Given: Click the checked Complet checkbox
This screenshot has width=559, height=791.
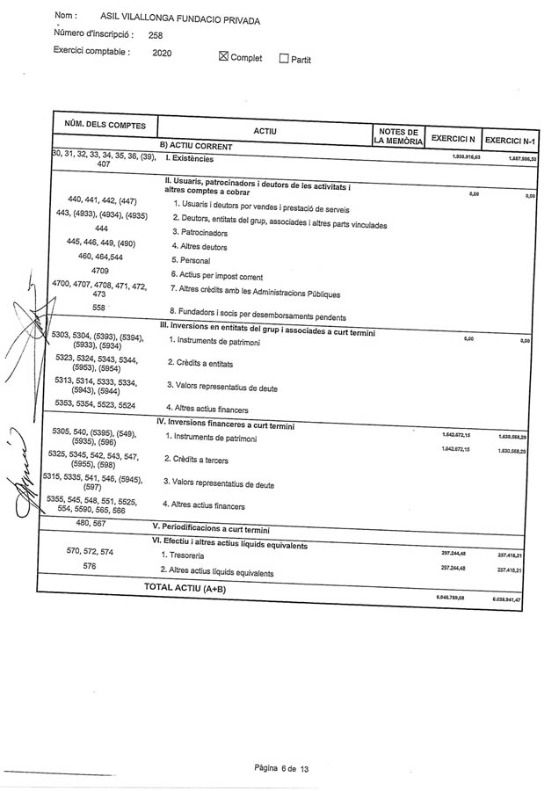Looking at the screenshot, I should (x=223, y=58).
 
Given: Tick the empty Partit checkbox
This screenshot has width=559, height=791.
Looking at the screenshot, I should (x=284, y=59).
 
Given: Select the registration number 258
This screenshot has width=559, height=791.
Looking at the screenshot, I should (x=156, y=35).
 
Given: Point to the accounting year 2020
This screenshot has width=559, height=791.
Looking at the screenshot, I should (x=162, y=53).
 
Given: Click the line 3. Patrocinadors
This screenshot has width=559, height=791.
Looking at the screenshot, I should (x=200, y=233).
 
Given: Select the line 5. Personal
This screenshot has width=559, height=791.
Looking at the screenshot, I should (x=192, y=261).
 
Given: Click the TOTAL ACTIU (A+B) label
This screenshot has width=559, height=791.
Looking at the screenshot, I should (x=185, y=588).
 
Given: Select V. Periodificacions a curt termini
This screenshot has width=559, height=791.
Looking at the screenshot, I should (x=211, y=530).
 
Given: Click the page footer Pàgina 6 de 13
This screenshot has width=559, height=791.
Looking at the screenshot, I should (x=281, y=768).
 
